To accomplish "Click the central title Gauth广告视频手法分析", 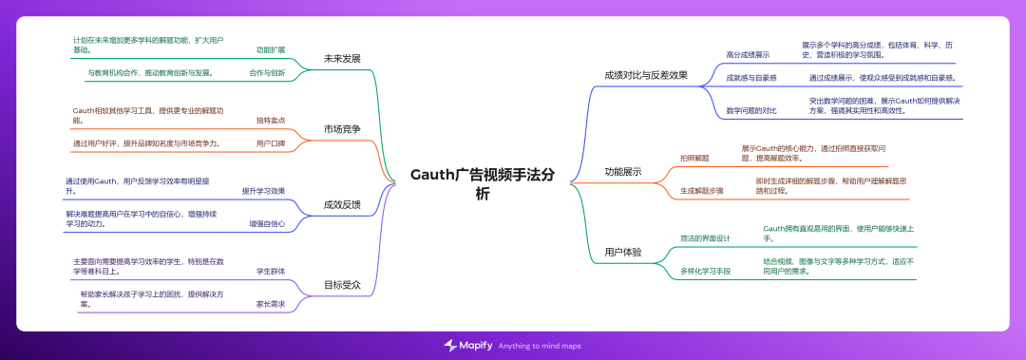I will tap(483, 183).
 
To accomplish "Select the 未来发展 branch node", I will tap(342, 57).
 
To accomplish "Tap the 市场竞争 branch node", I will tap(342, 128).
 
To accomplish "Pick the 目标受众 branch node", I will tap(342, 284).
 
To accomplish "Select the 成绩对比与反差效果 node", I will tap(645, 74).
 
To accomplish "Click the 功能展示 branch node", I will tap(622, 172).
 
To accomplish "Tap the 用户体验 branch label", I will tap(622, 252).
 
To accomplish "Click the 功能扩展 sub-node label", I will tap(270, 48).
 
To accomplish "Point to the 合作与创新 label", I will tap(266, 72).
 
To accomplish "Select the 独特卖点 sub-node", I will tap(270, 121).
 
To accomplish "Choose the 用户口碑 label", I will tap(270, 143).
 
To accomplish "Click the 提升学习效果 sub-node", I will tap(263, 191).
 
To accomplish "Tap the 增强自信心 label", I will tap(266, 224).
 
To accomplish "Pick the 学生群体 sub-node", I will tap(270, 271).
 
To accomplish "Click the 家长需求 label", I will tap(270, 304).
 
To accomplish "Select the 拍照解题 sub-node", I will tap(693, 158).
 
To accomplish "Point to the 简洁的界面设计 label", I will tap(705, 237).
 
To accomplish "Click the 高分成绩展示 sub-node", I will tap(748, 55).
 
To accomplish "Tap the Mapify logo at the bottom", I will tap(469, 345).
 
